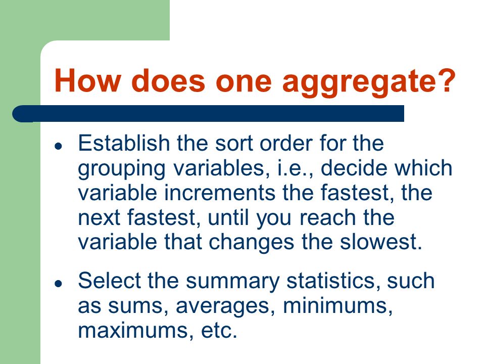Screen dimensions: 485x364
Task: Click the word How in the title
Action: (x=87, y=80)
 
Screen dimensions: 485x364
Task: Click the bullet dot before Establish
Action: (x=58, y=146)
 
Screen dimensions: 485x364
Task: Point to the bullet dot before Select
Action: (x=58, y=283)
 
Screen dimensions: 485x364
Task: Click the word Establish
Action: (x=124, y=143)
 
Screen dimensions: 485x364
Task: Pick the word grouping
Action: (x=122, y=169)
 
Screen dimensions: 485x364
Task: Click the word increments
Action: (x=219, y=193)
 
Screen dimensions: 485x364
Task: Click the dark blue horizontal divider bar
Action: (x=208, y=114)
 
